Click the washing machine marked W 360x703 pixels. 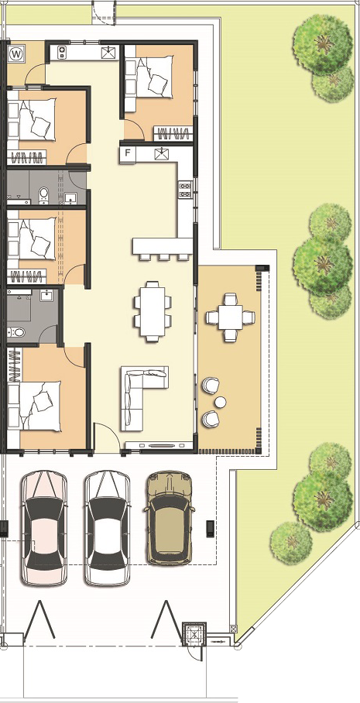coord(16,54)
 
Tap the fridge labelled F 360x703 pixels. coord(128,153)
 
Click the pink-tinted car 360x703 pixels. coord(44,528)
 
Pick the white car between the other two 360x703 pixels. coord(108,528)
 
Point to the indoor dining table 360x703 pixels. coord(153,311)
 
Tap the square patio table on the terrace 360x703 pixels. coord(231,317)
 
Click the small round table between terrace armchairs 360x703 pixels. coord(220,402)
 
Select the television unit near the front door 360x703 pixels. coord(159,445)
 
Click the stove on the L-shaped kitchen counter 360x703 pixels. coord(185,189)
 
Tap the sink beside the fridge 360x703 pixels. coord(161,154)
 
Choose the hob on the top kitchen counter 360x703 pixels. coord(62,53)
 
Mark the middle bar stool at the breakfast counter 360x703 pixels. coord(164,257)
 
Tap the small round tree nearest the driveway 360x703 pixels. coord(291,543)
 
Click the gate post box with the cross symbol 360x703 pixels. coord(194,634)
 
